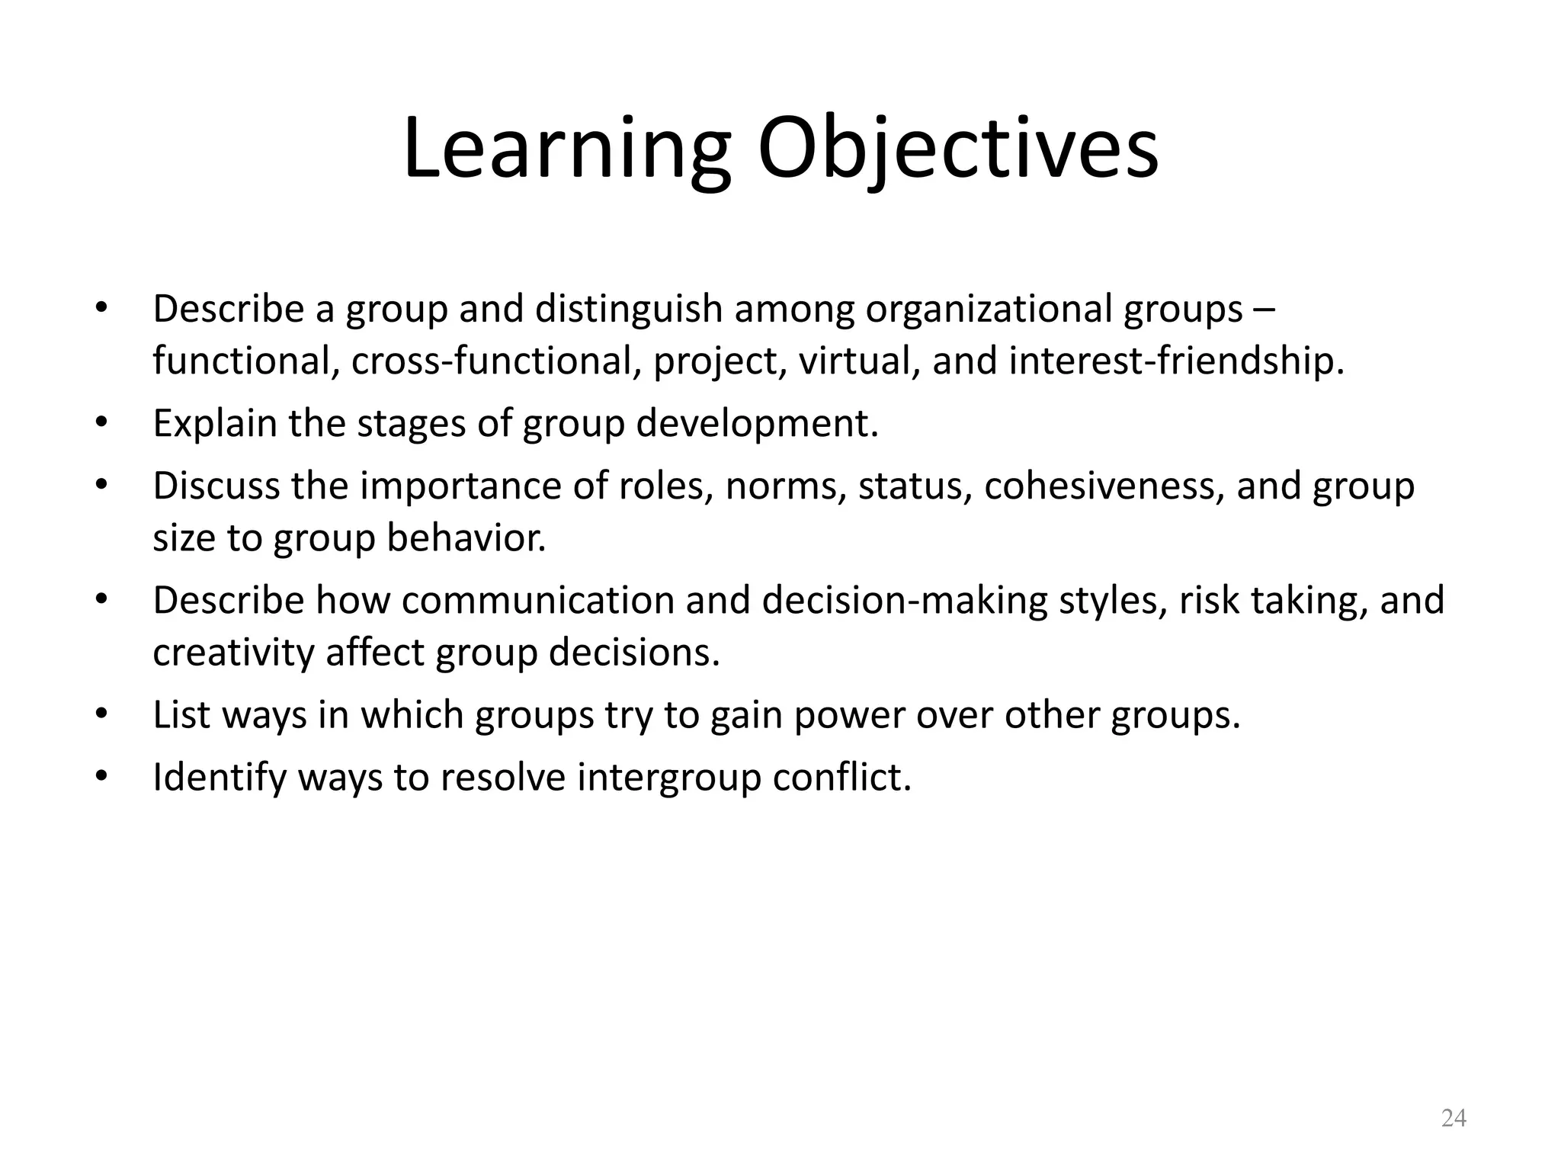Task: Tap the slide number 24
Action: click(x=1454, y=1118)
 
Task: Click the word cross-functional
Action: click(x=495, y=361)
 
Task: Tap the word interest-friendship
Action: click(x=1176, y=361)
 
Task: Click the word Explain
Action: click(x=215, y=423)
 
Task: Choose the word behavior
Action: click(x=466, y=537)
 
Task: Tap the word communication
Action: click(x=538, y=600)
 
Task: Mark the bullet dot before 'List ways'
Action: click(x=101, y=715)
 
